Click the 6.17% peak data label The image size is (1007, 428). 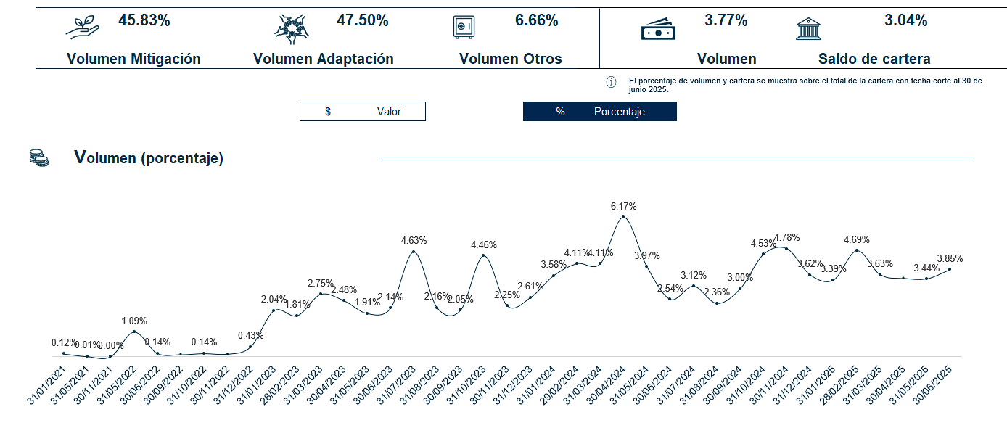click(x=624, y=207)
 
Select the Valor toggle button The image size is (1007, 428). click(x=362, y=112)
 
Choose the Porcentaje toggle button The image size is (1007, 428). click(x=599, y=112)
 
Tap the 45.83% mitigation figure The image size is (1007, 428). click(x=144, y=20)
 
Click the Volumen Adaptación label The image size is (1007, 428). click(x=324, y=59)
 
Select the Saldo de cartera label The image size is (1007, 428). click(x=874, y=59)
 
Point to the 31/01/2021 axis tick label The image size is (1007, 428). click(x=45, y=385)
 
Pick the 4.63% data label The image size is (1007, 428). click(x=414, y=240)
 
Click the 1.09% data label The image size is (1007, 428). click(x=134, y=321)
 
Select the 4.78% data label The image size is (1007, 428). click(x=786, y=237)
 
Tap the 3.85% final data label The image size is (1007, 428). click(x=950, y=258)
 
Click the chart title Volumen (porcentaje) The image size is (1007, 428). click(x=149, y=158)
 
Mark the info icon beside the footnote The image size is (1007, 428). click(x=611, y=82)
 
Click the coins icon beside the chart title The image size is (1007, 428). click(x=39, y=157)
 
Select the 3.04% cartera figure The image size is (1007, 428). click(x=905, y=20)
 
